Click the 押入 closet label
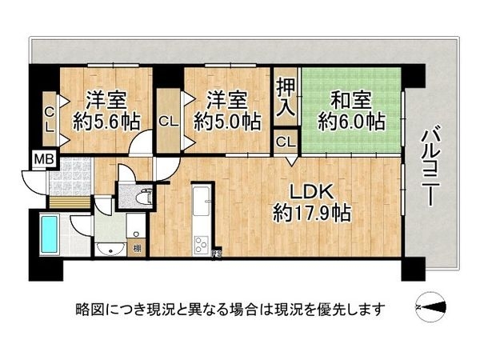pyautogui.click(x=284, y=98)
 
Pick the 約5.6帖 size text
pyautogui.click(x=106, y=122)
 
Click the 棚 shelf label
pyautogui.click(x=138, y=248)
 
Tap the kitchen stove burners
pyautogui.click(x=200, y=242)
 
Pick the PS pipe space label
pyautogui.click(x=216, y=257)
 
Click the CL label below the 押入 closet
pyautogui.click(x=284, y=143)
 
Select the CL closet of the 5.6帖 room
pyautogui.click(x=49, y=119)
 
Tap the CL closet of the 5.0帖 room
pyautogui.click(x=168, y=122)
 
